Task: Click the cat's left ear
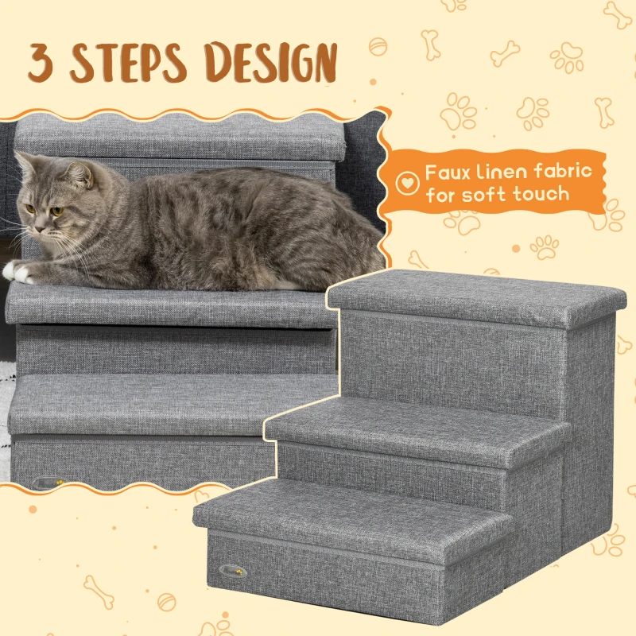pyautogui.click(x=27, y=165)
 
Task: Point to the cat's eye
pyautogui.click(x=52, y=211)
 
